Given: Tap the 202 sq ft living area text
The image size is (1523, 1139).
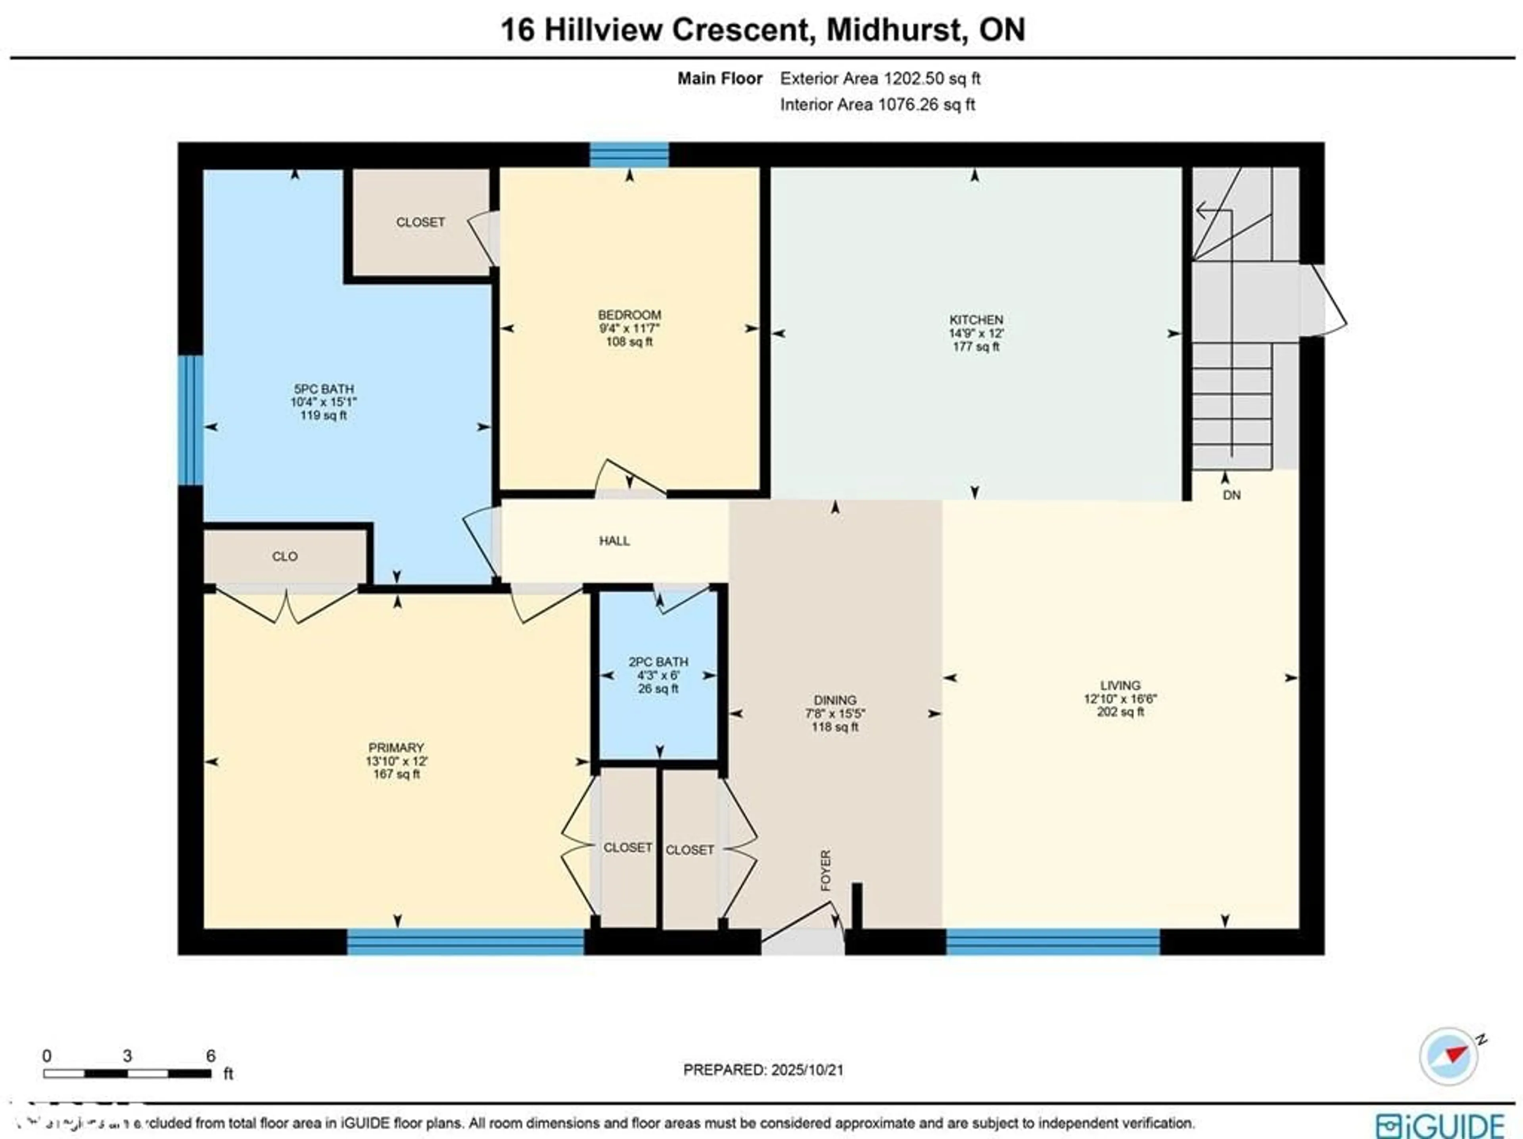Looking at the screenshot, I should click(x=1120, y=712).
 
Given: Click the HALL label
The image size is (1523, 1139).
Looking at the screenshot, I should click(x=614, y=541).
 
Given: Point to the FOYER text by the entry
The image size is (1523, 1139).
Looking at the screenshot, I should click(x=825, y=871).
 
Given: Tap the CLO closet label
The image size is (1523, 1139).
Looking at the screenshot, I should click(x=284, y=556).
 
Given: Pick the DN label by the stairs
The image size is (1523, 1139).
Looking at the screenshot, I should click(x=1232, y=495).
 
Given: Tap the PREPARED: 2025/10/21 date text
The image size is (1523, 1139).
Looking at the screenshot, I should click(x=763, y=1070).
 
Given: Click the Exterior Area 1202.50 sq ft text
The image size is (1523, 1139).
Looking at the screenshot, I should click(x=880, y=78).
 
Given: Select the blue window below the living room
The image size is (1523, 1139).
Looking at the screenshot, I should click(x=1053, y=942).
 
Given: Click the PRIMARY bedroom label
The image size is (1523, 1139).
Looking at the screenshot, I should click(x=396, y=747).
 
